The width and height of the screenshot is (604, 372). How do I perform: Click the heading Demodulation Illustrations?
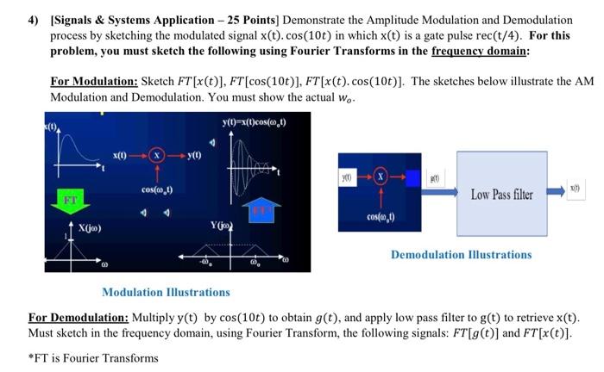click(462, 255)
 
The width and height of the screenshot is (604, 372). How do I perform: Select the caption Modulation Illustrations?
click(166, 292)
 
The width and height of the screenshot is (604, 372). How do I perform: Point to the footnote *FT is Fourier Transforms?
click(94, 357)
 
